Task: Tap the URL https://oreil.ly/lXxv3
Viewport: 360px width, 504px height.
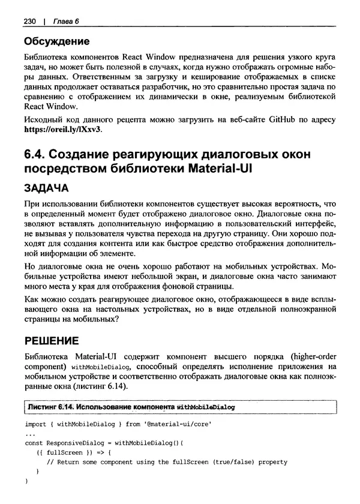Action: pyautogui.click(x=63, y=129)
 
